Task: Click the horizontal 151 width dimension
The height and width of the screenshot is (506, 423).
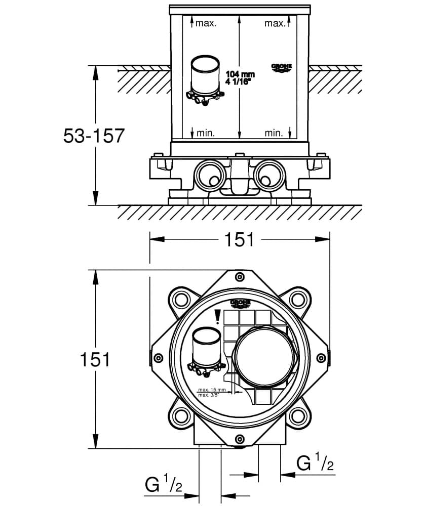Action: (239, 239)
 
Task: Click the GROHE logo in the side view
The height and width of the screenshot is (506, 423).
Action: (282, 68)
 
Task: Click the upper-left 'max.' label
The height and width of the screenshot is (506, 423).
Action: (206, 23)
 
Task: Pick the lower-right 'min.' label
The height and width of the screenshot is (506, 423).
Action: (274, 134)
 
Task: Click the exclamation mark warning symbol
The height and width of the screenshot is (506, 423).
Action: (217, 316)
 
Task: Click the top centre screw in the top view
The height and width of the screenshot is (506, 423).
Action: (240, 276)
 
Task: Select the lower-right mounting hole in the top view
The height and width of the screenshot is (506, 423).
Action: (298, 416)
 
